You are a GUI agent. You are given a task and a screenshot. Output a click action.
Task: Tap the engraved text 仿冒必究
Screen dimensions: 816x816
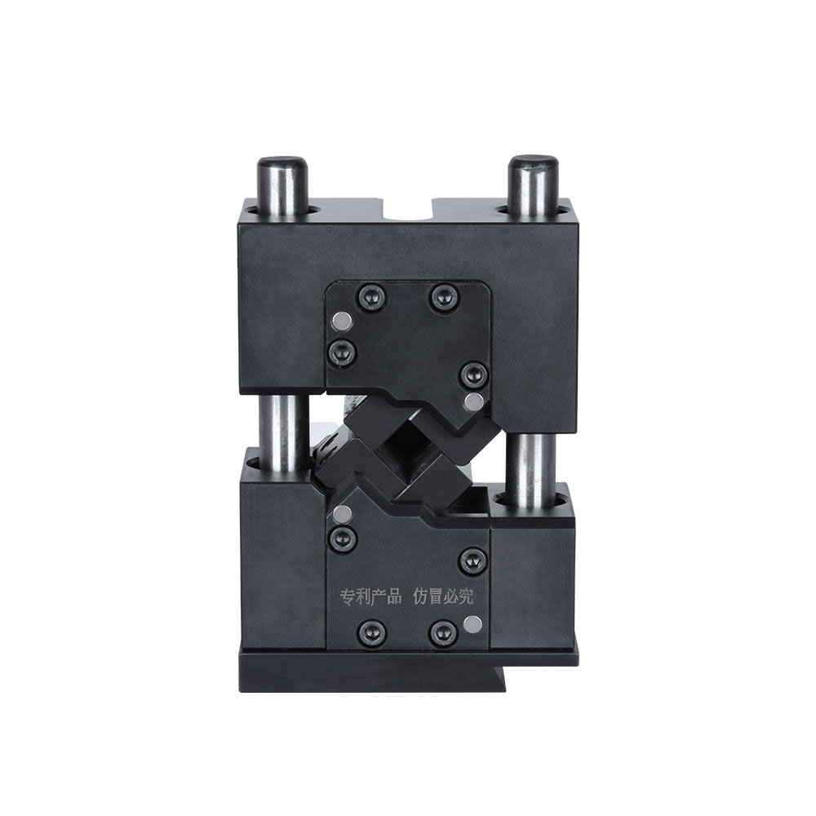tap(443, 596)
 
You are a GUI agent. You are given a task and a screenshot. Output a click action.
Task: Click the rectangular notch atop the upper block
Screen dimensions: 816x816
tap(409, 211)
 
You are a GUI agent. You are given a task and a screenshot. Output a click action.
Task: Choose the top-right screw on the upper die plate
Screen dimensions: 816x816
tap(443, 298)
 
